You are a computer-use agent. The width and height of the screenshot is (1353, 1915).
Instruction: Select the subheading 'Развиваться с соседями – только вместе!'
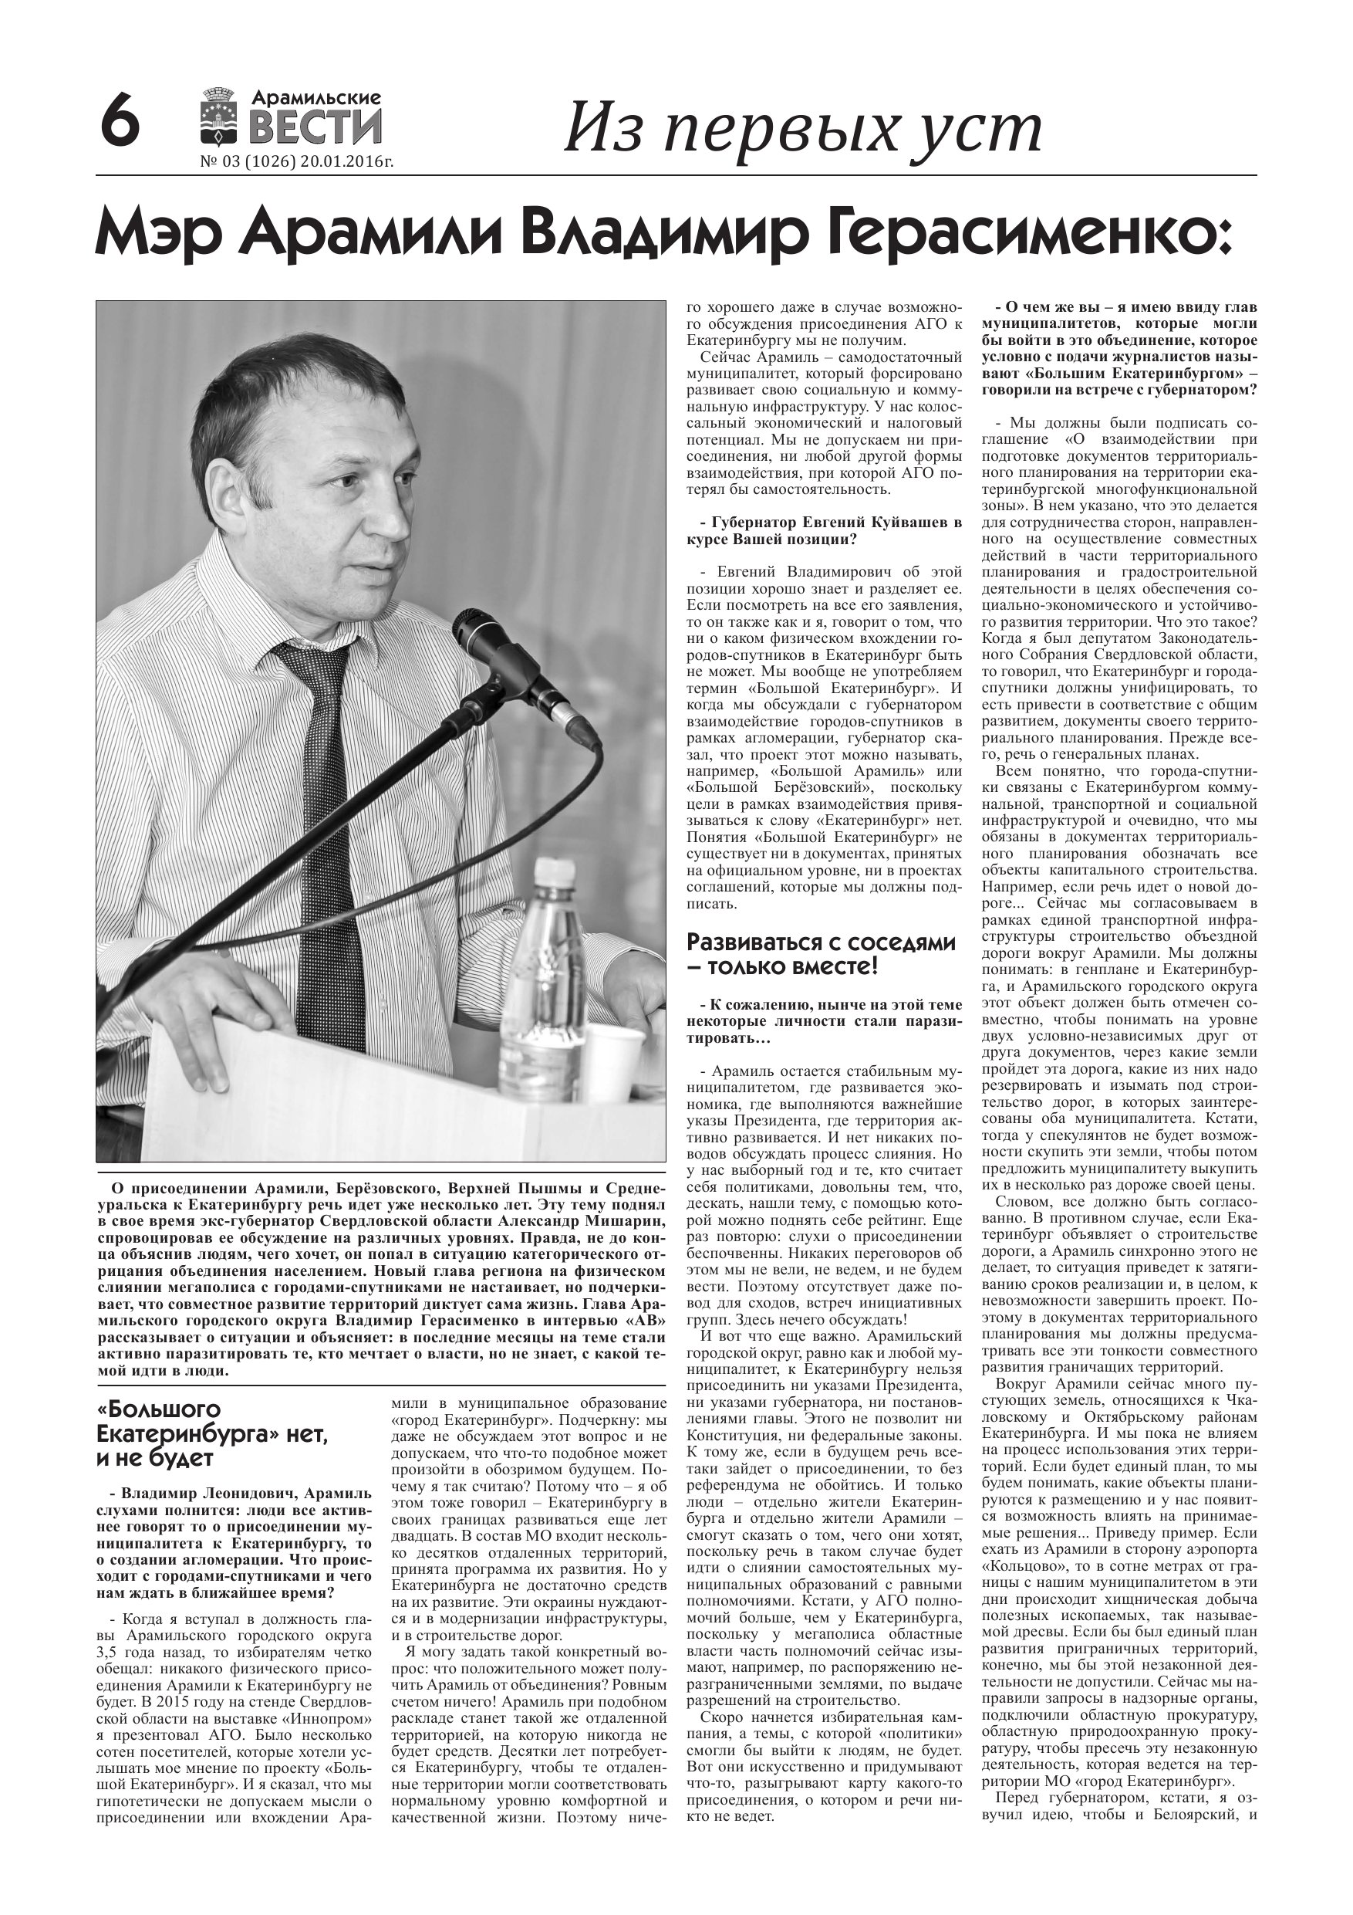coord(822,954)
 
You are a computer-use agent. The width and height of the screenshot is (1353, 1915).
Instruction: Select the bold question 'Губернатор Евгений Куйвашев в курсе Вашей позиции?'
coord(824,531)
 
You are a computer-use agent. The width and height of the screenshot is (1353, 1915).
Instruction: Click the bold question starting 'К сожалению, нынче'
coord(824,1022)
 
